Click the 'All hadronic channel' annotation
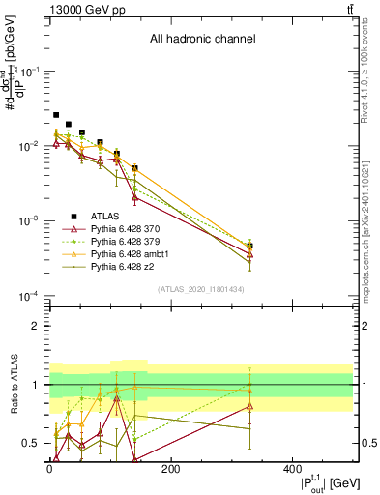[x=202, y=40]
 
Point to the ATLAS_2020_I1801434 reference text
[x=200, y=290]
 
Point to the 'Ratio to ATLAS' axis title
[x=13, y=385]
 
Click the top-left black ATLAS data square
[x=56, y=115]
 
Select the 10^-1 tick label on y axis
[x=31, y=72]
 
